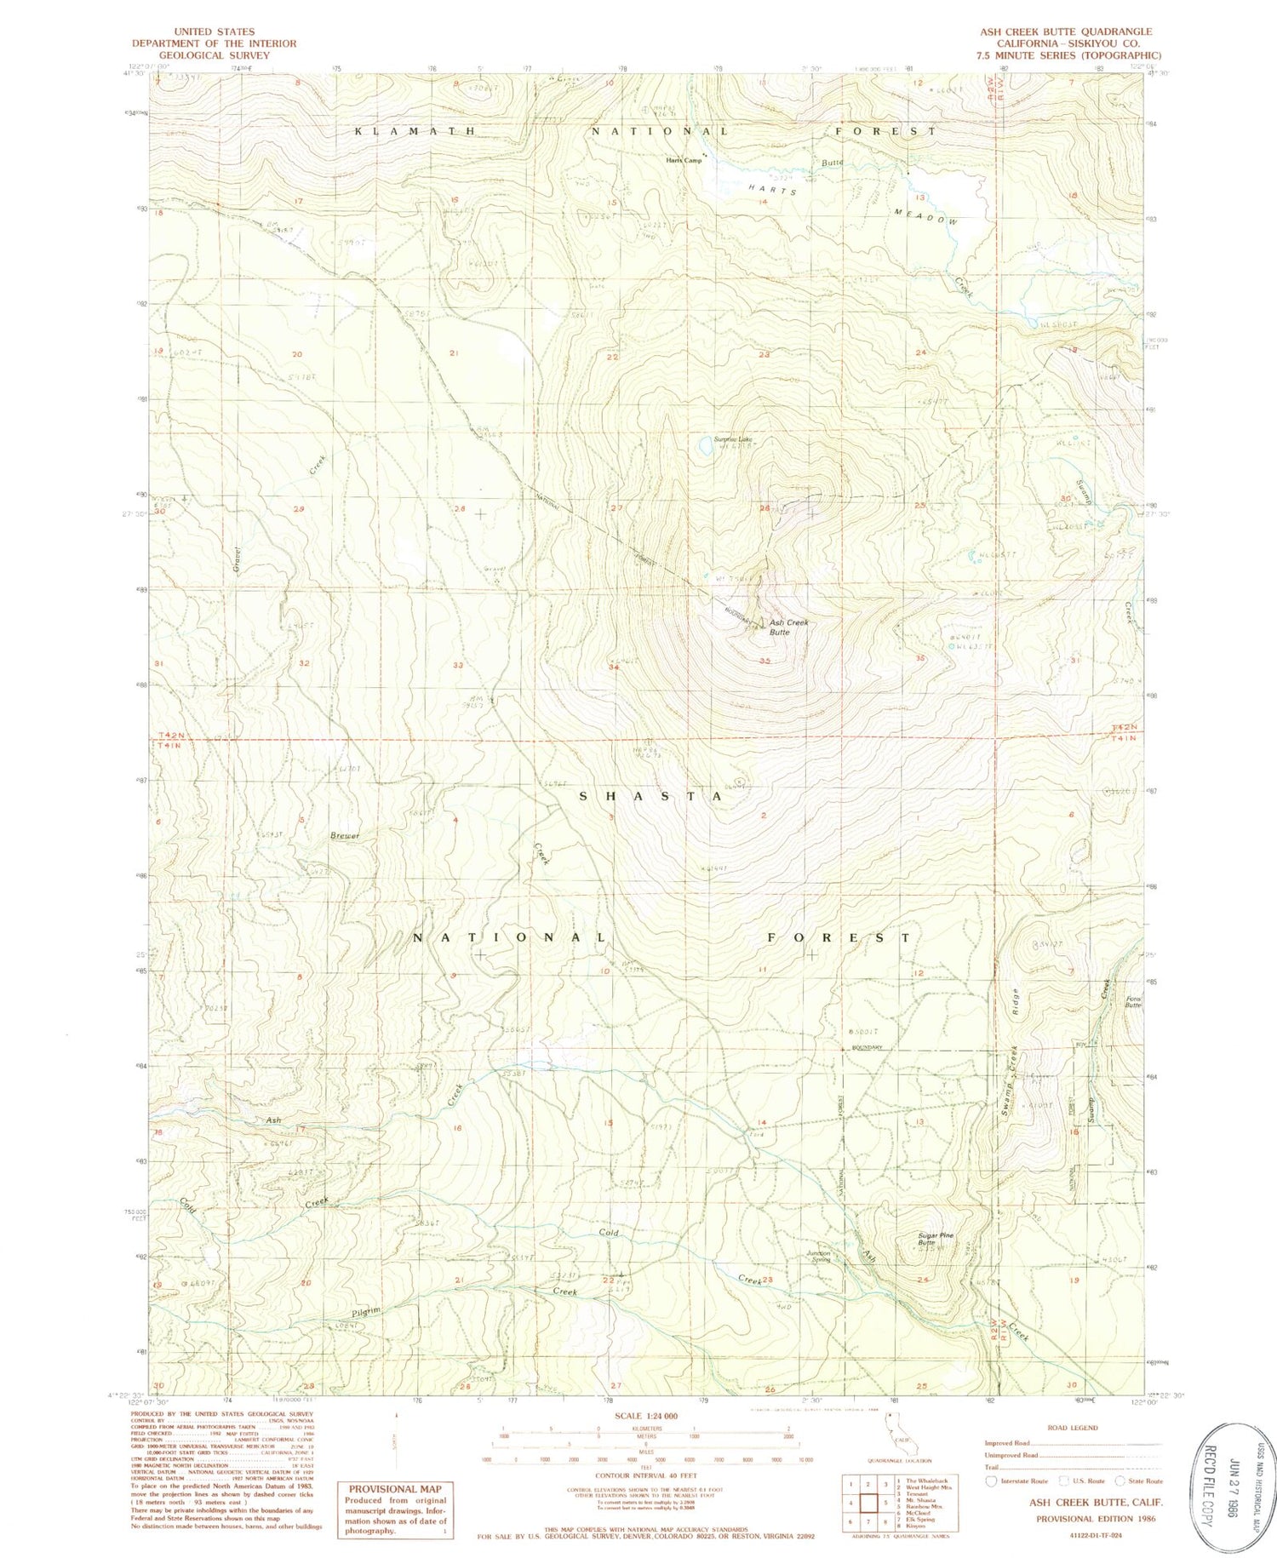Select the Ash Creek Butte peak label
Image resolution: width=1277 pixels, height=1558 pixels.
coord(788,627)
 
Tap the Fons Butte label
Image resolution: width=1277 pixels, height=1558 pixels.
coord(1132,1002)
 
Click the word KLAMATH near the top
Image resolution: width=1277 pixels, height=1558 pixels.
coord(415,132)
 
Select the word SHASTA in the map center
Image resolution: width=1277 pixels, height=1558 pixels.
coord(651,796)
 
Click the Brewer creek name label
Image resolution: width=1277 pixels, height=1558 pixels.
coord(346,836)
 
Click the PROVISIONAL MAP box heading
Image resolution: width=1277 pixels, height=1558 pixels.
coord(395,1489)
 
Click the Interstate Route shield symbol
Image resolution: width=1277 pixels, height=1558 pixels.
coord(991,1481)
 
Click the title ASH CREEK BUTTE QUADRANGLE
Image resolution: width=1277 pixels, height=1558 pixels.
coord(1065,32)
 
